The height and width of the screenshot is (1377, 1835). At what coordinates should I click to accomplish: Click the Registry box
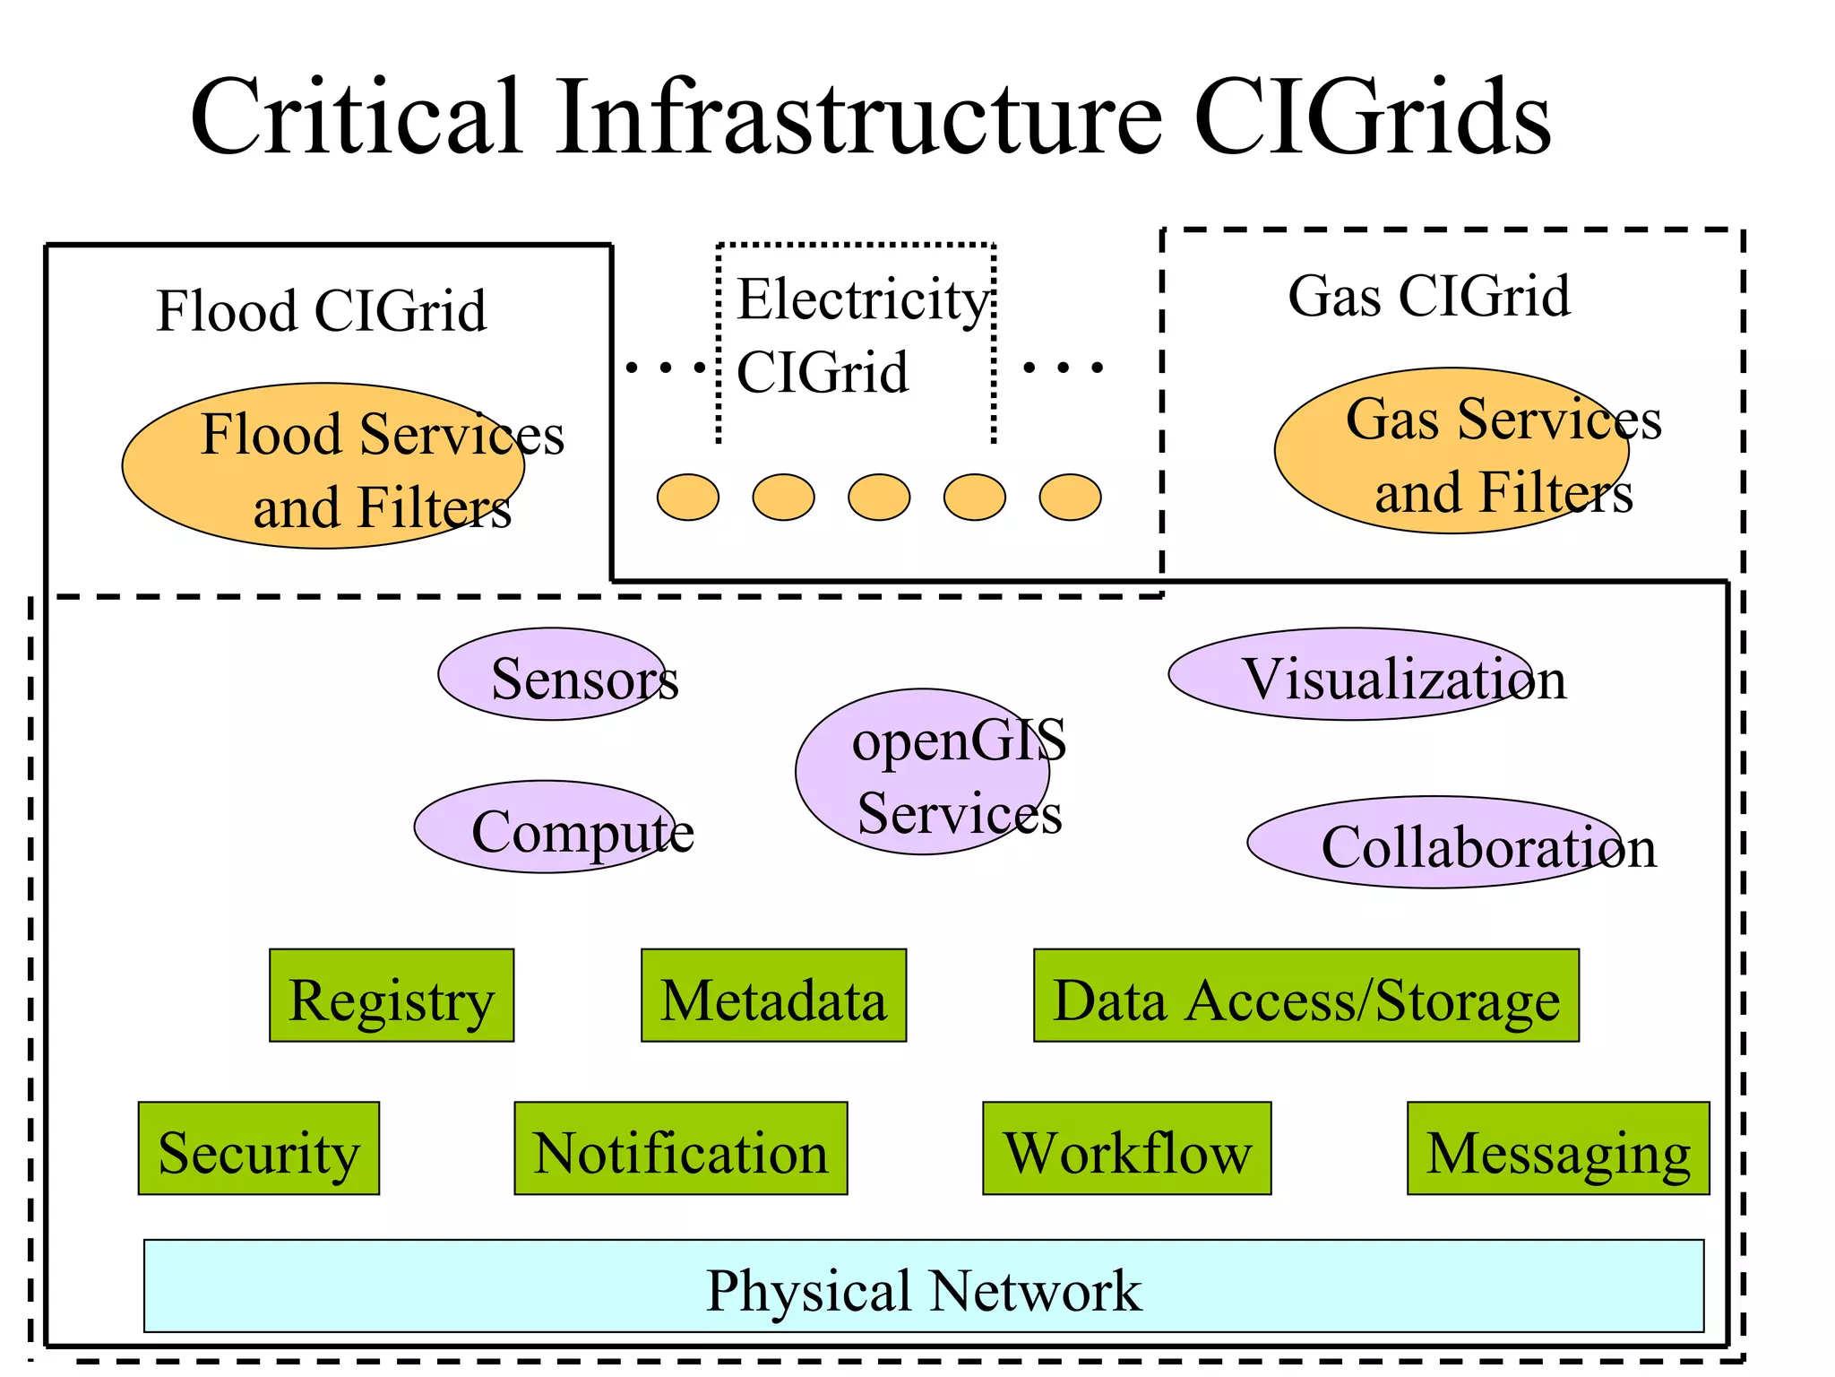pos(392,995)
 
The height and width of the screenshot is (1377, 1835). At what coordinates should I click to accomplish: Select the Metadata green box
pos(773,995)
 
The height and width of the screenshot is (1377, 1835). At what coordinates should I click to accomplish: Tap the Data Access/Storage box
pos(1305,995)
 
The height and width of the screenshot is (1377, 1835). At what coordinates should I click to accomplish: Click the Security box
pos(258,1148)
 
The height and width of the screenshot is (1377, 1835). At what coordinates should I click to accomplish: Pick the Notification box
pos(680,1148)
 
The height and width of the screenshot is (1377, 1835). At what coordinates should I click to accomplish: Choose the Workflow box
pos(1126,1148)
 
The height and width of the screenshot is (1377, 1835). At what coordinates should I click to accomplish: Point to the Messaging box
pos(1557,1148)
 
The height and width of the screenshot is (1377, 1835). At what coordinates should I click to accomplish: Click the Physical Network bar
pos(923,1286)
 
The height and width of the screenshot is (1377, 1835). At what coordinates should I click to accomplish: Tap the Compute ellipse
pos(546,827)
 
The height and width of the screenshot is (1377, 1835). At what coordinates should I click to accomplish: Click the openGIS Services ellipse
pos(923,772)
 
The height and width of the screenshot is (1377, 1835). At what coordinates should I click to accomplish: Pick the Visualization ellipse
pos(1351,673)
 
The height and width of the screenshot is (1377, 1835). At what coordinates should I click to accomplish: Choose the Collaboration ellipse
pos(1434,843)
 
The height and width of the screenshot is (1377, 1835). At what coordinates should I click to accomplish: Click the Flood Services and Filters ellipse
pos(323,466)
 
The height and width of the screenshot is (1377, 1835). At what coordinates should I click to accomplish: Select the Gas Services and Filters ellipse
pos(1452,451)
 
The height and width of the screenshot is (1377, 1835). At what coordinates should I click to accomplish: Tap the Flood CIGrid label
pos(321,311)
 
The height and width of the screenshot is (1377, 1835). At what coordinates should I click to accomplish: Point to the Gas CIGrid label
pos(1429,296)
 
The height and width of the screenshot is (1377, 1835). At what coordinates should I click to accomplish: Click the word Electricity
pos(862,299)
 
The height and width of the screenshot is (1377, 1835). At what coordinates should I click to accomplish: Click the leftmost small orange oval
pos(688,498)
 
